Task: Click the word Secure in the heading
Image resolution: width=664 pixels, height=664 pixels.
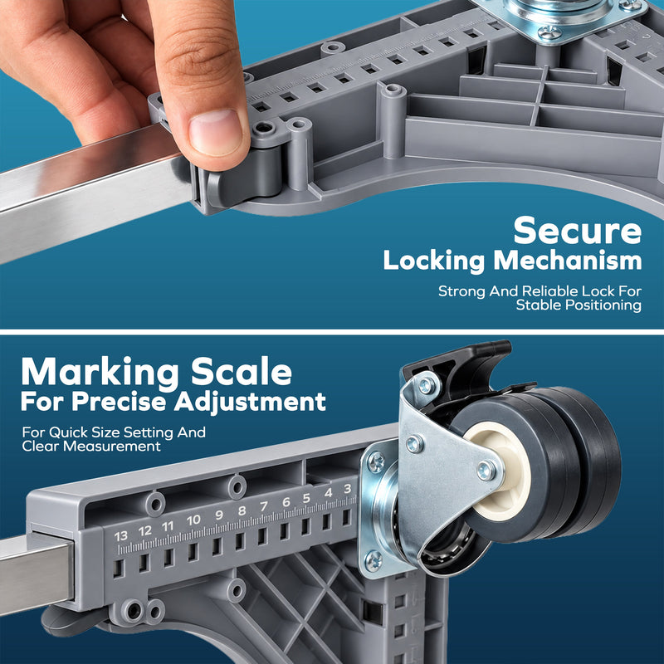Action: click(x=578, y=231)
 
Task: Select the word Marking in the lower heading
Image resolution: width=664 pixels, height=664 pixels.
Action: click(x=100, y=372)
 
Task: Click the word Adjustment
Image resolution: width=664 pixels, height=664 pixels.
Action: click(x=251, y=402)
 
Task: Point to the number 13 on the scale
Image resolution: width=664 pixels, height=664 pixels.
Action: click(x=120, y=536)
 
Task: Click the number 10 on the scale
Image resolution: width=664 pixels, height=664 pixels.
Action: click(x=193, y=520)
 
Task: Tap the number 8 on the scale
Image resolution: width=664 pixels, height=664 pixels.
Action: click(x=242, y=510)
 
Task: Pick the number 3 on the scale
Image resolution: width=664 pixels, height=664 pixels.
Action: click(x=348, y=489)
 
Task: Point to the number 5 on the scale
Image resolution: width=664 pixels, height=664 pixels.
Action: click(x=306, y=498)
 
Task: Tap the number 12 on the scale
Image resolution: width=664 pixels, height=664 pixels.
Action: click(x=144, y=531)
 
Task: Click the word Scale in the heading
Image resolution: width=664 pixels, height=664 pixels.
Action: click(x=242, y=371)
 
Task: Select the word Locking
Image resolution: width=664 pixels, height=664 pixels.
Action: click(x=434, y=261)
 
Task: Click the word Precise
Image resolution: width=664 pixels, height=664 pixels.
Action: click(x=119, y=401)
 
